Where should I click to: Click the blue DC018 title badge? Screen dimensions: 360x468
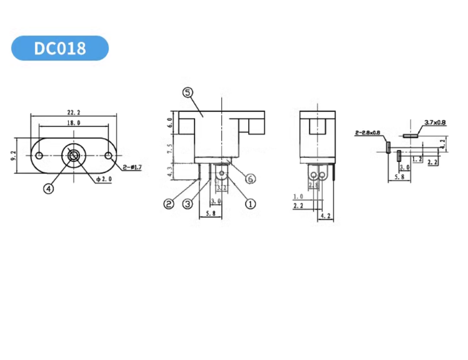pos(60,48)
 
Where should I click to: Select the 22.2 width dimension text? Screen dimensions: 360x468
pos(74,112)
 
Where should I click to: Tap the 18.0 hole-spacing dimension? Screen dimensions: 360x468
pos(74,122)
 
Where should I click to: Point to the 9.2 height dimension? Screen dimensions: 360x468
pos(13,155)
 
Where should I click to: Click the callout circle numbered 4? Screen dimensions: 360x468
pos(48,188)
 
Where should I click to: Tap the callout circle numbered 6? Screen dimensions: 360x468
pos(251,178)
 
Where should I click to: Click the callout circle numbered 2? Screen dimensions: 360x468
pos(169,203)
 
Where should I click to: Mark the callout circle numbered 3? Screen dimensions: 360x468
pos(187,203)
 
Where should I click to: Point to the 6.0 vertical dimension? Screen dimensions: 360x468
pos(170,122)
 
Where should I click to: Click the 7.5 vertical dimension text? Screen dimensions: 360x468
pos(170,148)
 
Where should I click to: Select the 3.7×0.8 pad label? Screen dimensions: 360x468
pos(434,122)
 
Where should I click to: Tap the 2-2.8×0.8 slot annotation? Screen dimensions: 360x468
pos(367,133)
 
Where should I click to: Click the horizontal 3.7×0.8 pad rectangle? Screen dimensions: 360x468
pos(410,135)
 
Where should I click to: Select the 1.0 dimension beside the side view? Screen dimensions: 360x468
pos(299,196)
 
